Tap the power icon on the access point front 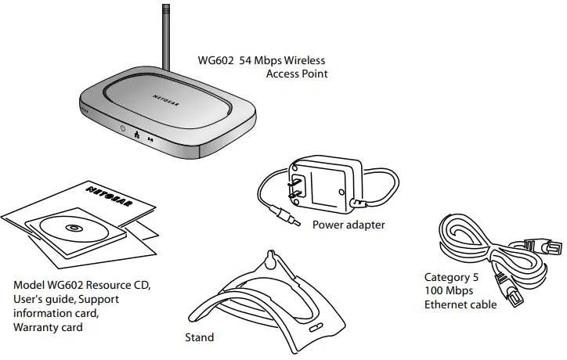coord(123,128)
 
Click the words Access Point coord(296,74)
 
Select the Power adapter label coord(349,225)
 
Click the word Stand coord(199,338)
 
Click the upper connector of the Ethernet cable coord(550,246)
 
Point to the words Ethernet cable coord(460,304)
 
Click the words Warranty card coord(48,328)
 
